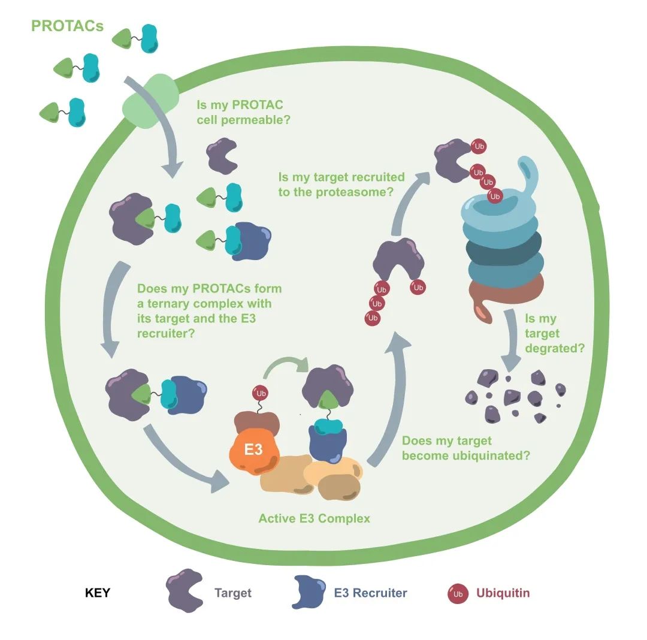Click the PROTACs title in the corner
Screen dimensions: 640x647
click(67, 26)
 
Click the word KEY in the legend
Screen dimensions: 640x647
click(98, 593)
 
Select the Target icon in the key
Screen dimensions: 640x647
click(185, 591)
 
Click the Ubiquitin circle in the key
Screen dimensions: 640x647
click(458, 594)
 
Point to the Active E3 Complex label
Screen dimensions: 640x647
click(314, 518)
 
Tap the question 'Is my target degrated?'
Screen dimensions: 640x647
click(554, 333)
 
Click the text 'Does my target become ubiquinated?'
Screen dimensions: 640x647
click(465, 448)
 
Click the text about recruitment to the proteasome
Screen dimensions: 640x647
click(341, 185)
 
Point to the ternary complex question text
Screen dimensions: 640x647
click(209, 311)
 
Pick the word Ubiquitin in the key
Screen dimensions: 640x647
click(503, 593)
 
